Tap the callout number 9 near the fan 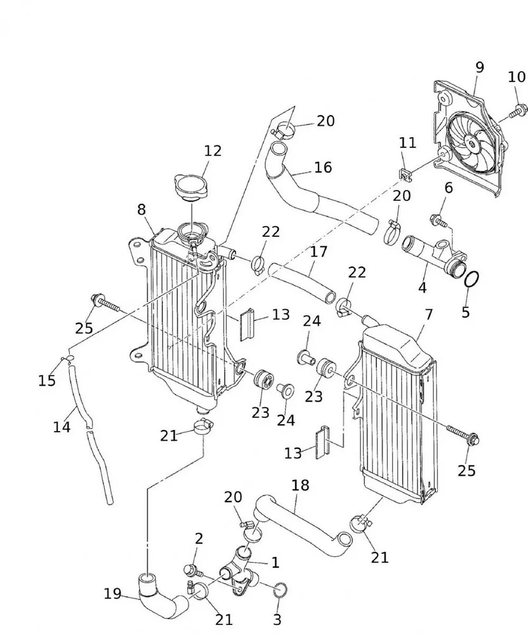pos(479,67)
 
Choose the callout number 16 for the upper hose pos(322,167)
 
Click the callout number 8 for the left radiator pos(141,210)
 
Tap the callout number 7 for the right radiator pos(429,314)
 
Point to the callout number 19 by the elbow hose pos(112,594)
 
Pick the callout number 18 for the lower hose pos(300,486)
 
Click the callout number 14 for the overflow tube pos(62,427)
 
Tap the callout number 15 pos(46,380)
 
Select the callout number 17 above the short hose pos(319,251)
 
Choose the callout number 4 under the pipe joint pos(422,287)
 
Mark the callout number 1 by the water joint pos(275,562)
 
